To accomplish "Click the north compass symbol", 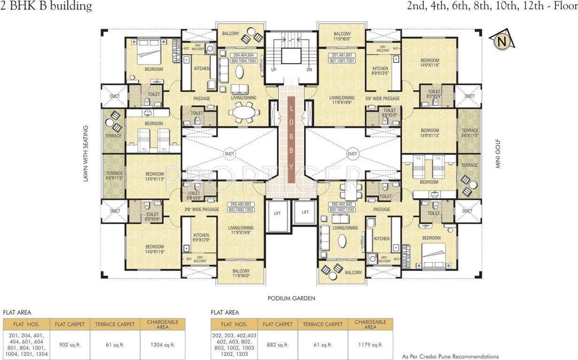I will point(502,42).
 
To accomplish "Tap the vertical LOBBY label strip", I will point(291,139).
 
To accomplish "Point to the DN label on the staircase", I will point(309,69).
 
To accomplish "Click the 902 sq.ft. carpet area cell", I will point(69,345).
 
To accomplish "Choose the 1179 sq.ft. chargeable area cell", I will point(370,345).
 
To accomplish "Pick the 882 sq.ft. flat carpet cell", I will point(277,345).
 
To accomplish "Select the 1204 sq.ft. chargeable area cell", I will point(162,345).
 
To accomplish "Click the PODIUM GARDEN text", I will point(291,298).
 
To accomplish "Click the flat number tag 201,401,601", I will point(342,58).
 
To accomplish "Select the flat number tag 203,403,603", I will point(241,207).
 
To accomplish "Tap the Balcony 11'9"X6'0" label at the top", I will point(342,37).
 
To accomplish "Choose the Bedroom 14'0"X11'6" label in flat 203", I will point(154,249).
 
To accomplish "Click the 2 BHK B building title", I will point(46,6).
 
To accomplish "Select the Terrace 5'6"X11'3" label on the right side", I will point(470,133).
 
